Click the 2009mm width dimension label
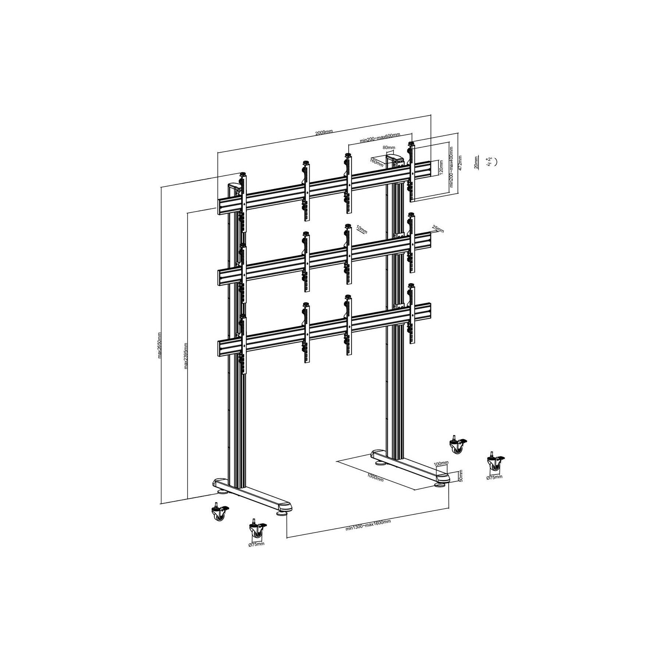[324, 132]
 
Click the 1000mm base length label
[375, 478]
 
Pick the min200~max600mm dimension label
[380, 138]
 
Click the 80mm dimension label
[389, 147]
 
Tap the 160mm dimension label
[377, 162]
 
